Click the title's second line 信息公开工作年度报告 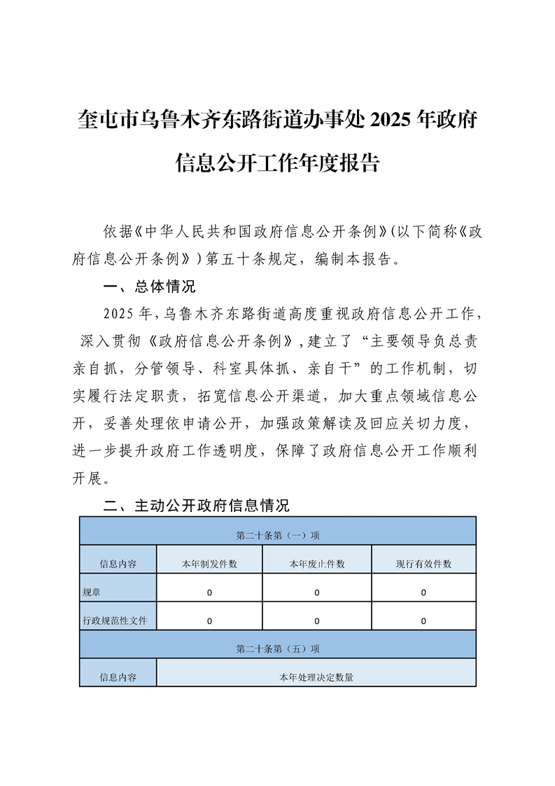click(277, 163)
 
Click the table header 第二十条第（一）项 click(278, 535)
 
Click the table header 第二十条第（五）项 click(278, 649)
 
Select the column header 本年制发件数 click(209, 564)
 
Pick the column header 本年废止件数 click(316, 564)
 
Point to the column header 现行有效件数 click(423, 564)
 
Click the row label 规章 click(91, 593)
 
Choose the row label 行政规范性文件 click(115, 621)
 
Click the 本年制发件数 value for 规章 click(209, 593)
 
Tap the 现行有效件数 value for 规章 click(423, 593)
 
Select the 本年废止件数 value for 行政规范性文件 click(316, 621)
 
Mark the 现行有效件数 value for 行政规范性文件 click(423, 621)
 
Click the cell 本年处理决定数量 click(316, 677)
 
